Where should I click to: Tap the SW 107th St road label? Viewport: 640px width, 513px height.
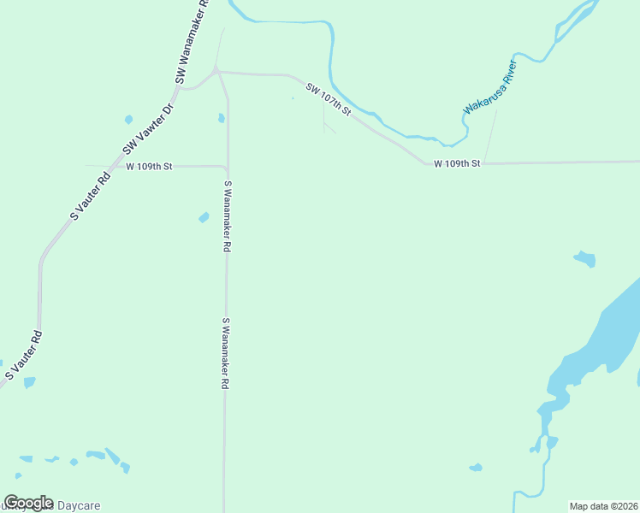click(329, 99)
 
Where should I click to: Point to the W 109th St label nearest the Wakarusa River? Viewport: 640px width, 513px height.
click(458, 163)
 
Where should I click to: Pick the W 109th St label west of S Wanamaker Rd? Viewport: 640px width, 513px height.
click(150, 166)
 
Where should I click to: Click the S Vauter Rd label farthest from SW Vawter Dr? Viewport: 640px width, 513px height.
click(24, 354)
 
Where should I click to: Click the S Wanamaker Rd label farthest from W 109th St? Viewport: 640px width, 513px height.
click(226, 354)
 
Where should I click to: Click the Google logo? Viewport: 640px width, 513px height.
click(28, 503)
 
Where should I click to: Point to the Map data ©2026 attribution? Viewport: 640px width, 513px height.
click(603, 506)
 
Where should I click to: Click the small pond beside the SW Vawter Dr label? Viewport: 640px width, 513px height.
click(129, 120)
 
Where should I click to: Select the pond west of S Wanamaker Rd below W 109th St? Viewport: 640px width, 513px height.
click(204, 217)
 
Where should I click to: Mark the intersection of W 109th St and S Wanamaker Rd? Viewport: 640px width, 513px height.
click(226, 167)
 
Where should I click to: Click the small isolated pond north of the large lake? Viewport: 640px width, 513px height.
click(584, 258)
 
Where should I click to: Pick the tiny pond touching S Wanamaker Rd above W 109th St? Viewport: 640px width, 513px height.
click(222, 118)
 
